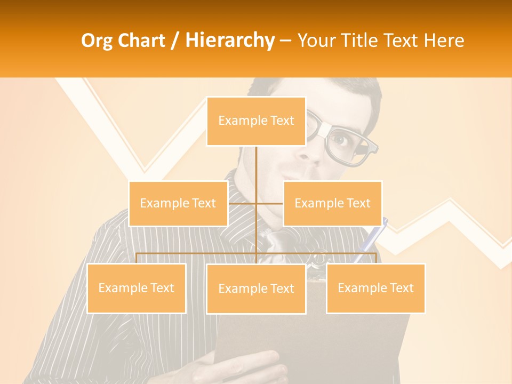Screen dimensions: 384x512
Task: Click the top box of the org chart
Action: tap(256, 121)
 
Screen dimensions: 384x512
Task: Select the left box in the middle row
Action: tap(178, 203)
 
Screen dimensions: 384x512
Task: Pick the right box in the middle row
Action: tap(332, 203)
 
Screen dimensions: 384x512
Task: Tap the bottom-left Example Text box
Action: tap(136, 288)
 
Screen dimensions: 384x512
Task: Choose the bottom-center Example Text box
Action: tap(256, 289)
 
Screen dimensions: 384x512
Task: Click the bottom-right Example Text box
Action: tap(375, 288)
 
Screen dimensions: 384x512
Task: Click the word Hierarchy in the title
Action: tap(230, 41)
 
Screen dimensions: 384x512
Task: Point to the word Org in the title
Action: tap(97, 41)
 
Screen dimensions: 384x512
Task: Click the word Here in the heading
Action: tap(444, 41)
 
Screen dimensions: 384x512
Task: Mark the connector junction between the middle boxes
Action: tap(256, 203)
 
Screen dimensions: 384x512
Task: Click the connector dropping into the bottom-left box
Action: tap(137, 258)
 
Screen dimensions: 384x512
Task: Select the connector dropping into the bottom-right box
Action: tap(376, 258)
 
